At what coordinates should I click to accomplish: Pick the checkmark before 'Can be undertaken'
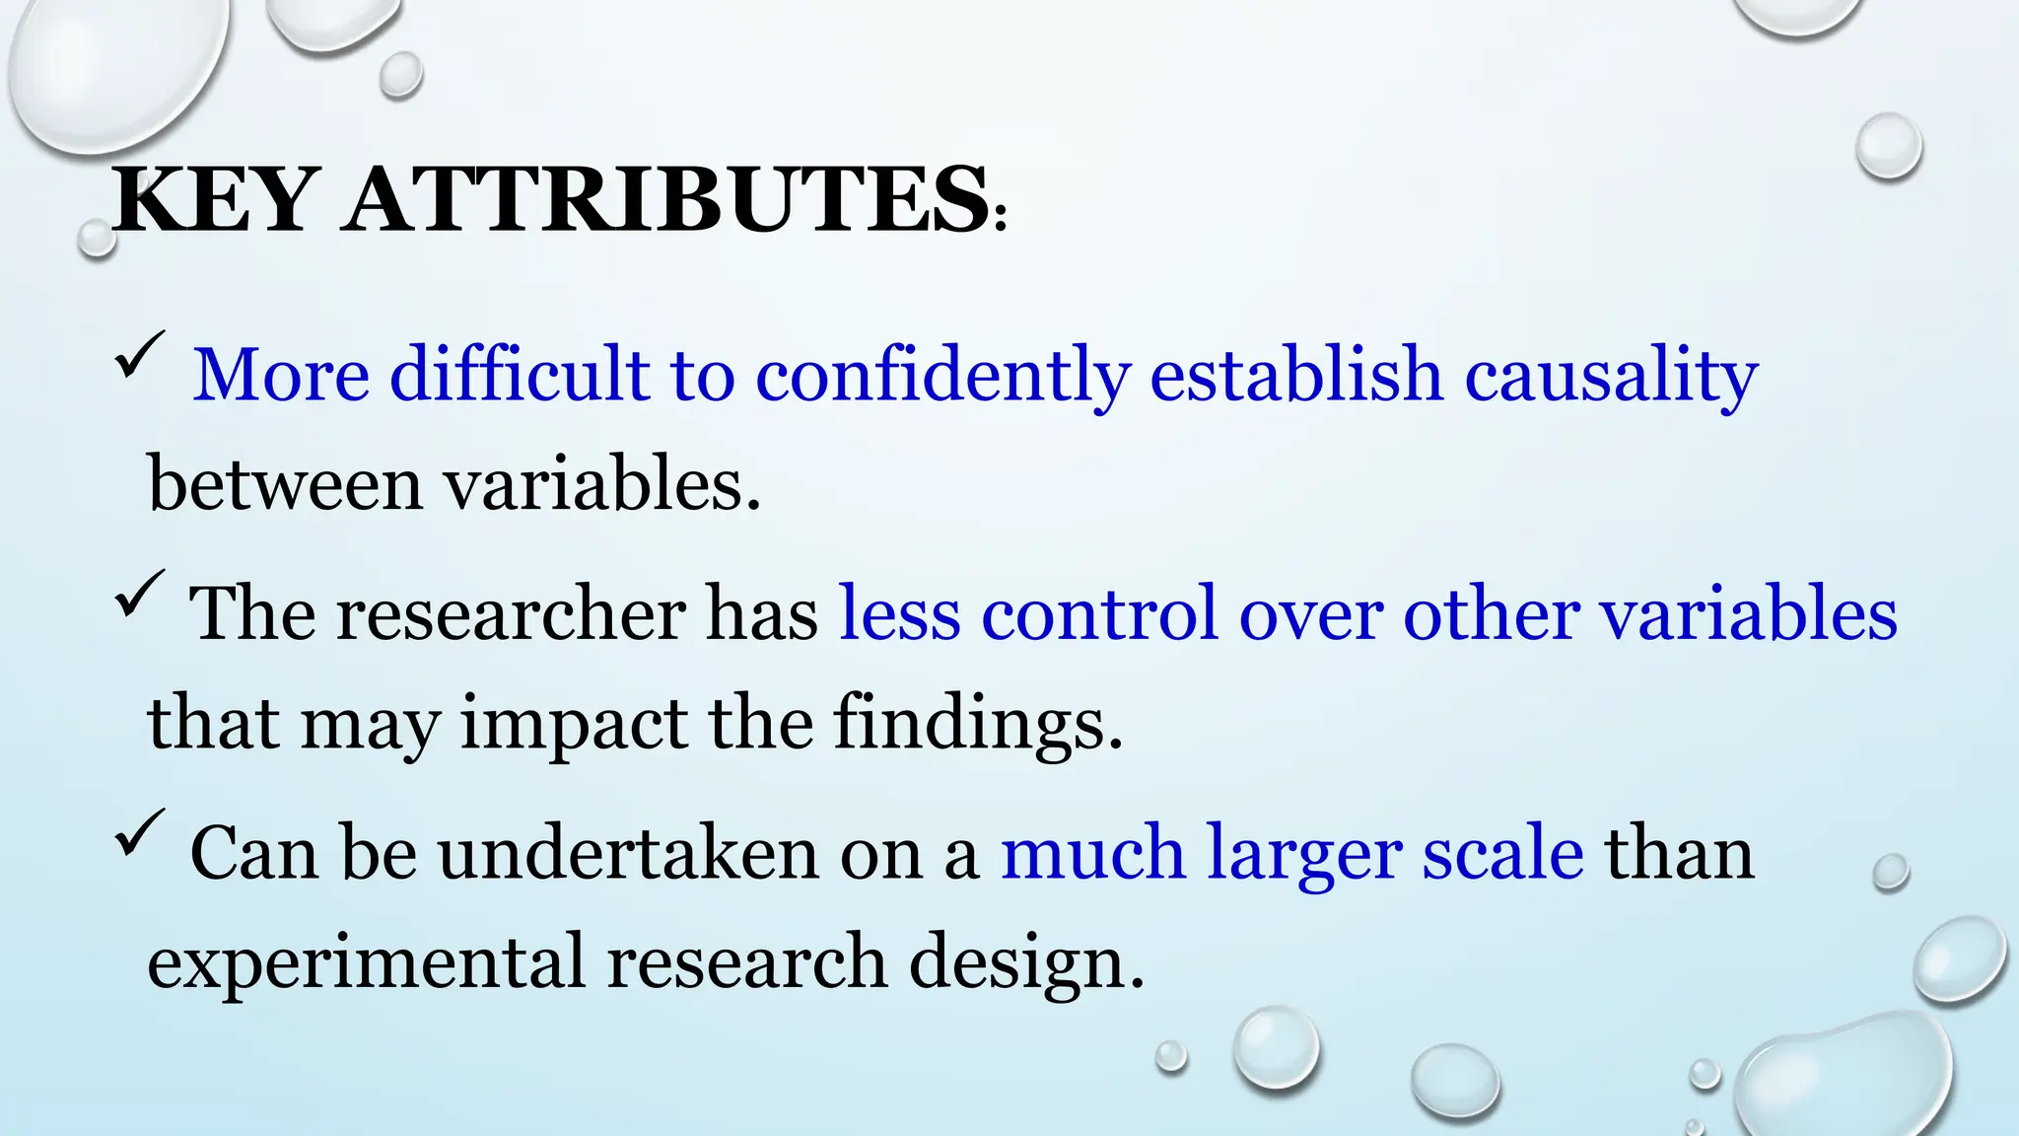point(139,833)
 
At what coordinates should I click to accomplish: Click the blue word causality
point(1611,376)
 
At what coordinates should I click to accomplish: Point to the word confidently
point(941,376)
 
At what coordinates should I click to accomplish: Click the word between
point(284,484)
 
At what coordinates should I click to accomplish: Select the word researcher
point(510,614)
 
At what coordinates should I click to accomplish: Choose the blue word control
point(1098,613)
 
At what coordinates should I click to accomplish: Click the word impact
point(574,724)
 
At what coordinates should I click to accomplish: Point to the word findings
point(977,724)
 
